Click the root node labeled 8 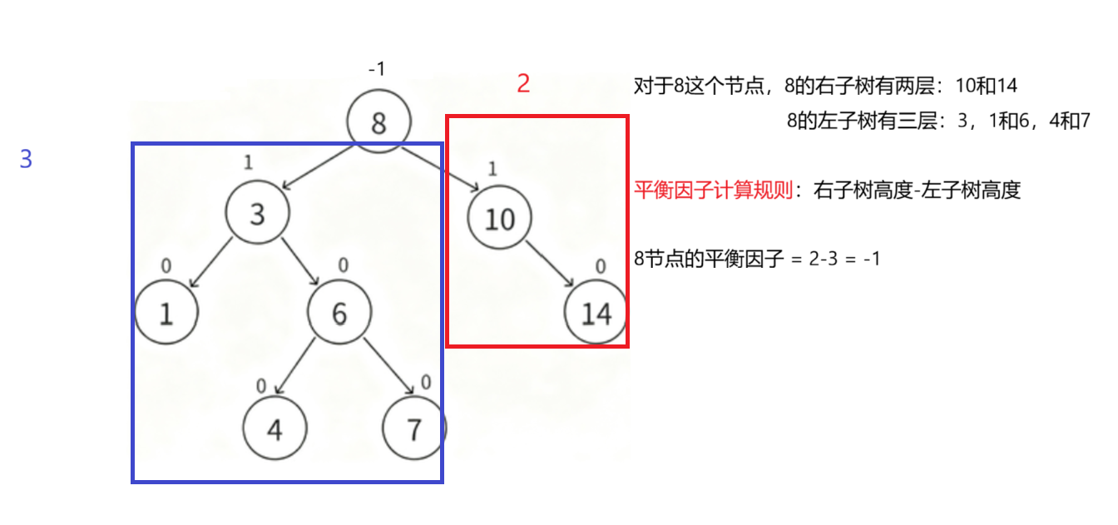point(379,123)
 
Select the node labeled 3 point(257,214)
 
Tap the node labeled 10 point(500,219)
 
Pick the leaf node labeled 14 point(596,314)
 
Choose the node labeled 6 point(339,313)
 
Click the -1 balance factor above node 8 point(377,69)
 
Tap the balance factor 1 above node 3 point(248,162)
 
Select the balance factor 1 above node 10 point(492,170)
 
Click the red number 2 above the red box point(523,83)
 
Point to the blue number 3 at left point(26,159)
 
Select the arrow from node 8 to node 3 point(320,165)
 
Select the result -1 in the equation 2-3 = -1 point(871,259)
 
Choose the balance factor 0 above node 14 point(601,267)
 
